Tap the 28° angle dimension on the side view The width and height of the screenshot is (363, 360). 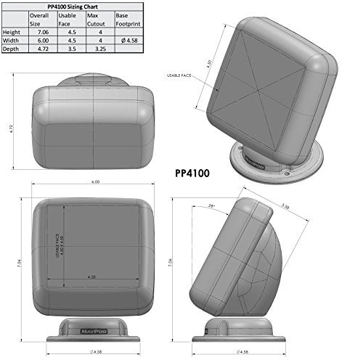coord(212,206)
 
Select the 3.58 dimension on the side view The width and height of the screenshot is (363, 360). coord(286,207)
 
